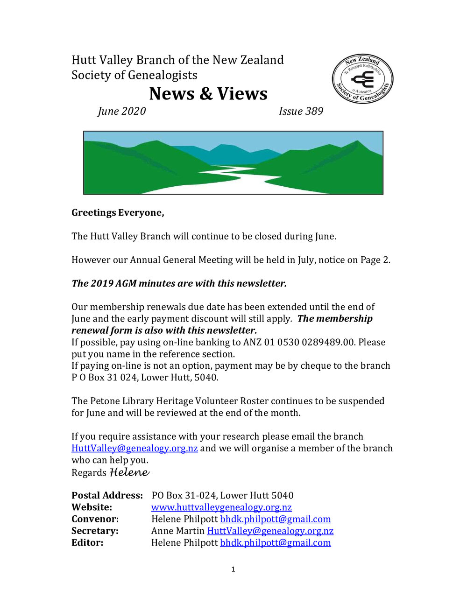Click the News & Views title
click(208, 94)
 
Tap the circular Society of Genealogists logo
click(362, 78)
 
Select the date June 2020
click(121, 111)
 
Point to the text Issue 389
click(301, 111)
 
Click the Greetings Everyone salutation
click(118, 213)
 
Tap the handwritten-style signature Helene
click(129, 472)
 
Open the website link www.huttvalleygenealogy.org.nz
click(221, 507)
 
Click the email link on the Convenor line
click(275, 519)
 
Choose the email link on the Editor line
click(275, 543)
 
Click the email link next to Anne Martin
click(270, 531)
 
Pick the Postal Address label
click(107, 496)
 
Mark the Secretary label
click(95, 531)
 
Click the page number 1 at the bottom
click(233, 569)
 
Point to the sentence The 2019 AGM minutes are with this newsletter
click(179, 283)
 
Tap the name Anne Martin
click(178, 531)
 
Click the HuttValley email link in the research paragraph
click(134, 449)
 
